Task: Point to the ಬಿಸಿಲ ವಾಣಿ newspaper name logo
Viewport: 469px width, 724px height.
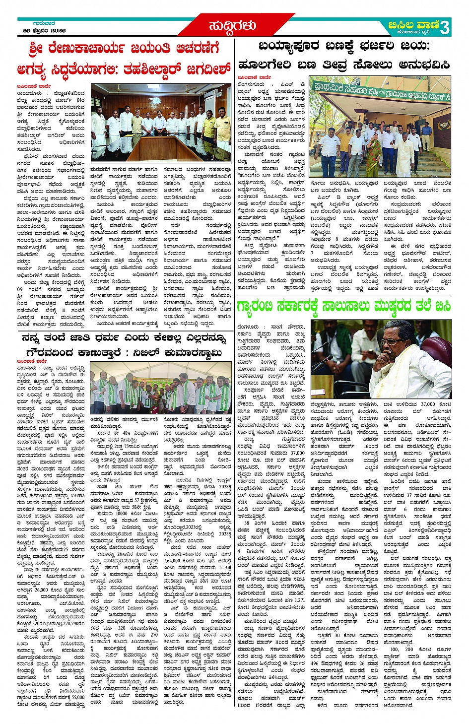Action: click(413, 25)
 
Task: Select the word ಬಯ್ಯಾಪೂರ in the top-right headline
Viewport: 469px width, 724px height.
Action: click(288, 47)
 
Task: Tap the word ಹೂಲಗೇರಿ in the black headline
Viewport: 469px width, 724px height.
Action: click(264, 65)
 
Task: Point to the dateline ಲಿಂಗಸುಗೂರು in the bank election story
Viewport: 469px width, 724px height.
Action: click(251, 85)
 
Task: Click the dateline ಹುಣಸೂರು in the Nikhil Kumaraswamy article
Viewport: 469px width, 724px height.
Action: click(29, 368)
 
